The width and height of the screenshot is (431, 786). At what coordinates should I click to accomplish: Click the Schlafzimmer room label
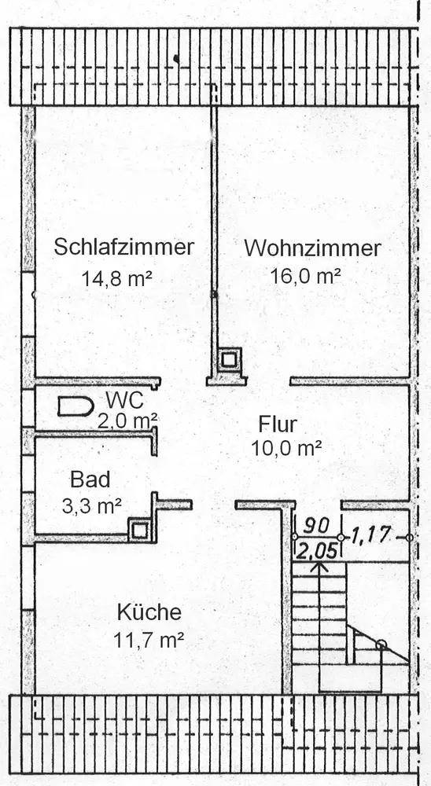123,247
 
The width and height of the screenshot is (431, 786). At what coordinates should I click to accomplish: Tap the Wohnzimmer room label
312,248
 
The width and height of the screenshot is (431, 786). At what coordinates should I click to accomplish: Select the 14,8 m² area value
117,278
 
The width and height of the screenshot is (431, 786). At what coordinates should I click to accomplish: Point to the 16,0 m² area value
306,275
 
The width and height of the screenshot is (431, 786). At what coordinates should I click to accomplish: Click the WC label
124,401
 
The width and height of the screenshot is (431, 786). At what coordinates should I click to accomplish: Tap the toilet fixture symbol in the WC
76,406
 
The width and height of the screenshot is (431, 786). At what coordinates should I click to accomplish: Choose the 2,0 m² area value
128,420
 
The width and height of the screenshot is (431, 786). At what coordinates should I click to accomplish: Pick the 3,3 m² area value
92,506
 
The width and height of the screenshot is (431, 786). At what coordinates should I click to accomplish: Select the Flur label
278,424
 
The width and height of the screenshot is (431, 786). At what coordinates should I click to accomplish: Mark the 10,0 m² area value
286,448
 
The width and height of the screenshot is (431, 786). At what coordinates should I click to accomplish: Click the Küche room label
149,612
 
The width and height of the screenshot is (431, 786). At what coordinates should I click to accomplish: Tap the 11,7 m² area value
148,640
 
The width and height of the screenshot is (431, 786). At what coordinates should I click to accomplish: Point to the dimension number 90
317,526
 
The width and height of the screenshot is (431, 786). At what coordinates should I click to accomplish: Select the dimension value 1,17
370,536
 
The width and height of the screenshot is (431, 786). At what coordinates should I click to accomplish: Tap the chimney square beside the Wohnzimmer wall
229,359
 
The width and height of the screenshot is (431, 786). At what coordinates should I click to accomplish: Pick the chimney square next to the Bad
140,530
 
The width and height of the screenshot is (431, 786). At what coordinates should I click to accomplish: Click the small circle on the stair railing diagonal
381,645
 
